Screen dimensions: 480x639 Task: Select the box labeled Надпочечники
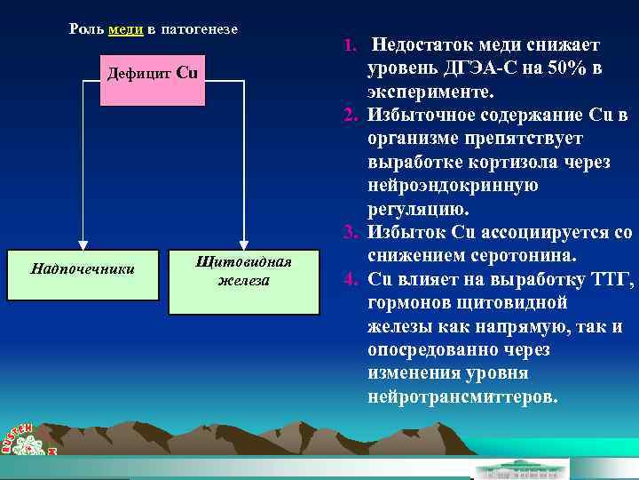(x=83, y=267)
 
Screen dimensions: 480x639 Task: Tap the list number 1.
(x=350, y=44)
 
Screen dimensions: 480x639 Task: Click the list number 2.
(x=350, y=116)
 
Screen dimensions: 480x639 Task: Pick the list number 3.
(x=350, y=233)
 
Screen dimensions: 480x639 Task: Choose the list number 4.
(x=350, y=280)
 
